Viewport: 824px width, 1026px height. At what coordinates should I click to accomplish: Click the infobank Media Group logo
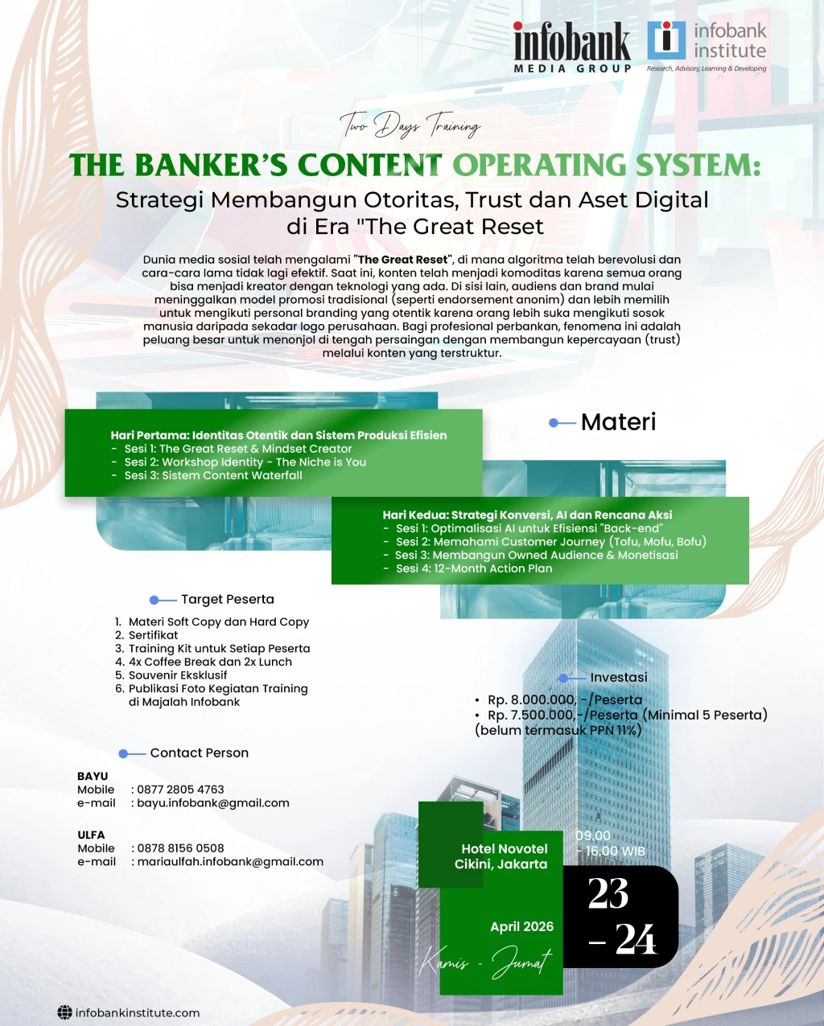pyautogui.click(x=573, y=47)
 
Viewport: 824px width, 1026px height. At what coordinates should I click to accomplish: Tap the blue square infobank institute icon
pyautogui.click(x=666, y=40)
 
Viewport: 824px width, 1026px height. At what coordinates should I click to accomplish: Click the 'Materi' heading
pyautogui.click(x=618, y=422)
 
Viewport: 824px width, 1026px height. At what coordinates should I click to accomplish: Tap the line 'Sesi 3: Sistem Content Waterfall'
pyautogui.click(x=213, y=475)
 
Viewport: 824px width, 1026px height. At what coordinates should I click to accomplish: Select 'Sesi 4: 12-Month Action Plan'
pyautogui.click(x=474, y=568)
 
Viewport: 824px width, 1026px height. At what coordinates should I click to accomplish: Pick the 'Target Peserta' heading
pyautogui.click(x=228, y=599)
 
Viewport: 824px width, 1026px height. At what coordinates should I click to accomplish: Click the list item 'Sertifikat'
pyautogui.click(x=153, y=635)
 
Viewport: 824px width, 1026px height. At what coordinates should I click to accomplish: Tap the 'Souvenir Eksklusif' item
pyautogui.click(x=178, y=675)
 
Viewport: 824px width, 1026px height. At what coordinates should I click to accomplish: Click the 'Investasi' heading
pyautogui.click(x=618, y=677)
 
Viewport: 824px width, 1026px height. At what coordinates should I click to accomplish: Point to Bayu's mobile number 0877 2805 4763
pyautogui.click(x=180, y=790)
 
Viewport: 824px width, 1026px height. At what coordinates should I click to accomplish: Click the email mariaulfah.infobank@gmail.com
pyautogui.click(x=230, y=862)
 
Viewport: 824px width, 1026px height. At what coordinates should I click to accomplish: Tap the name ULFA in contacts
pyautogui.click(x=91, y=835)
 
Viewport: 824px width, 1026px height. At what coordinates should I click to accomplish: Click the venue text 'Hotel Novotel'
pyautogui.click(x=505, y=848)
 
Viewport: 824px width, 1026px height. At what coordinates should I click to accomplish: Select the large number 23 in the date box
pyautogui.click(x=608, y=893)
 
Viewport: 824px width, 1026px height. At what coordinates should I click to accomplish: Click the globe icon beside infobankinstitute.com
pyautogui.click(x=64, y=1012)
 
